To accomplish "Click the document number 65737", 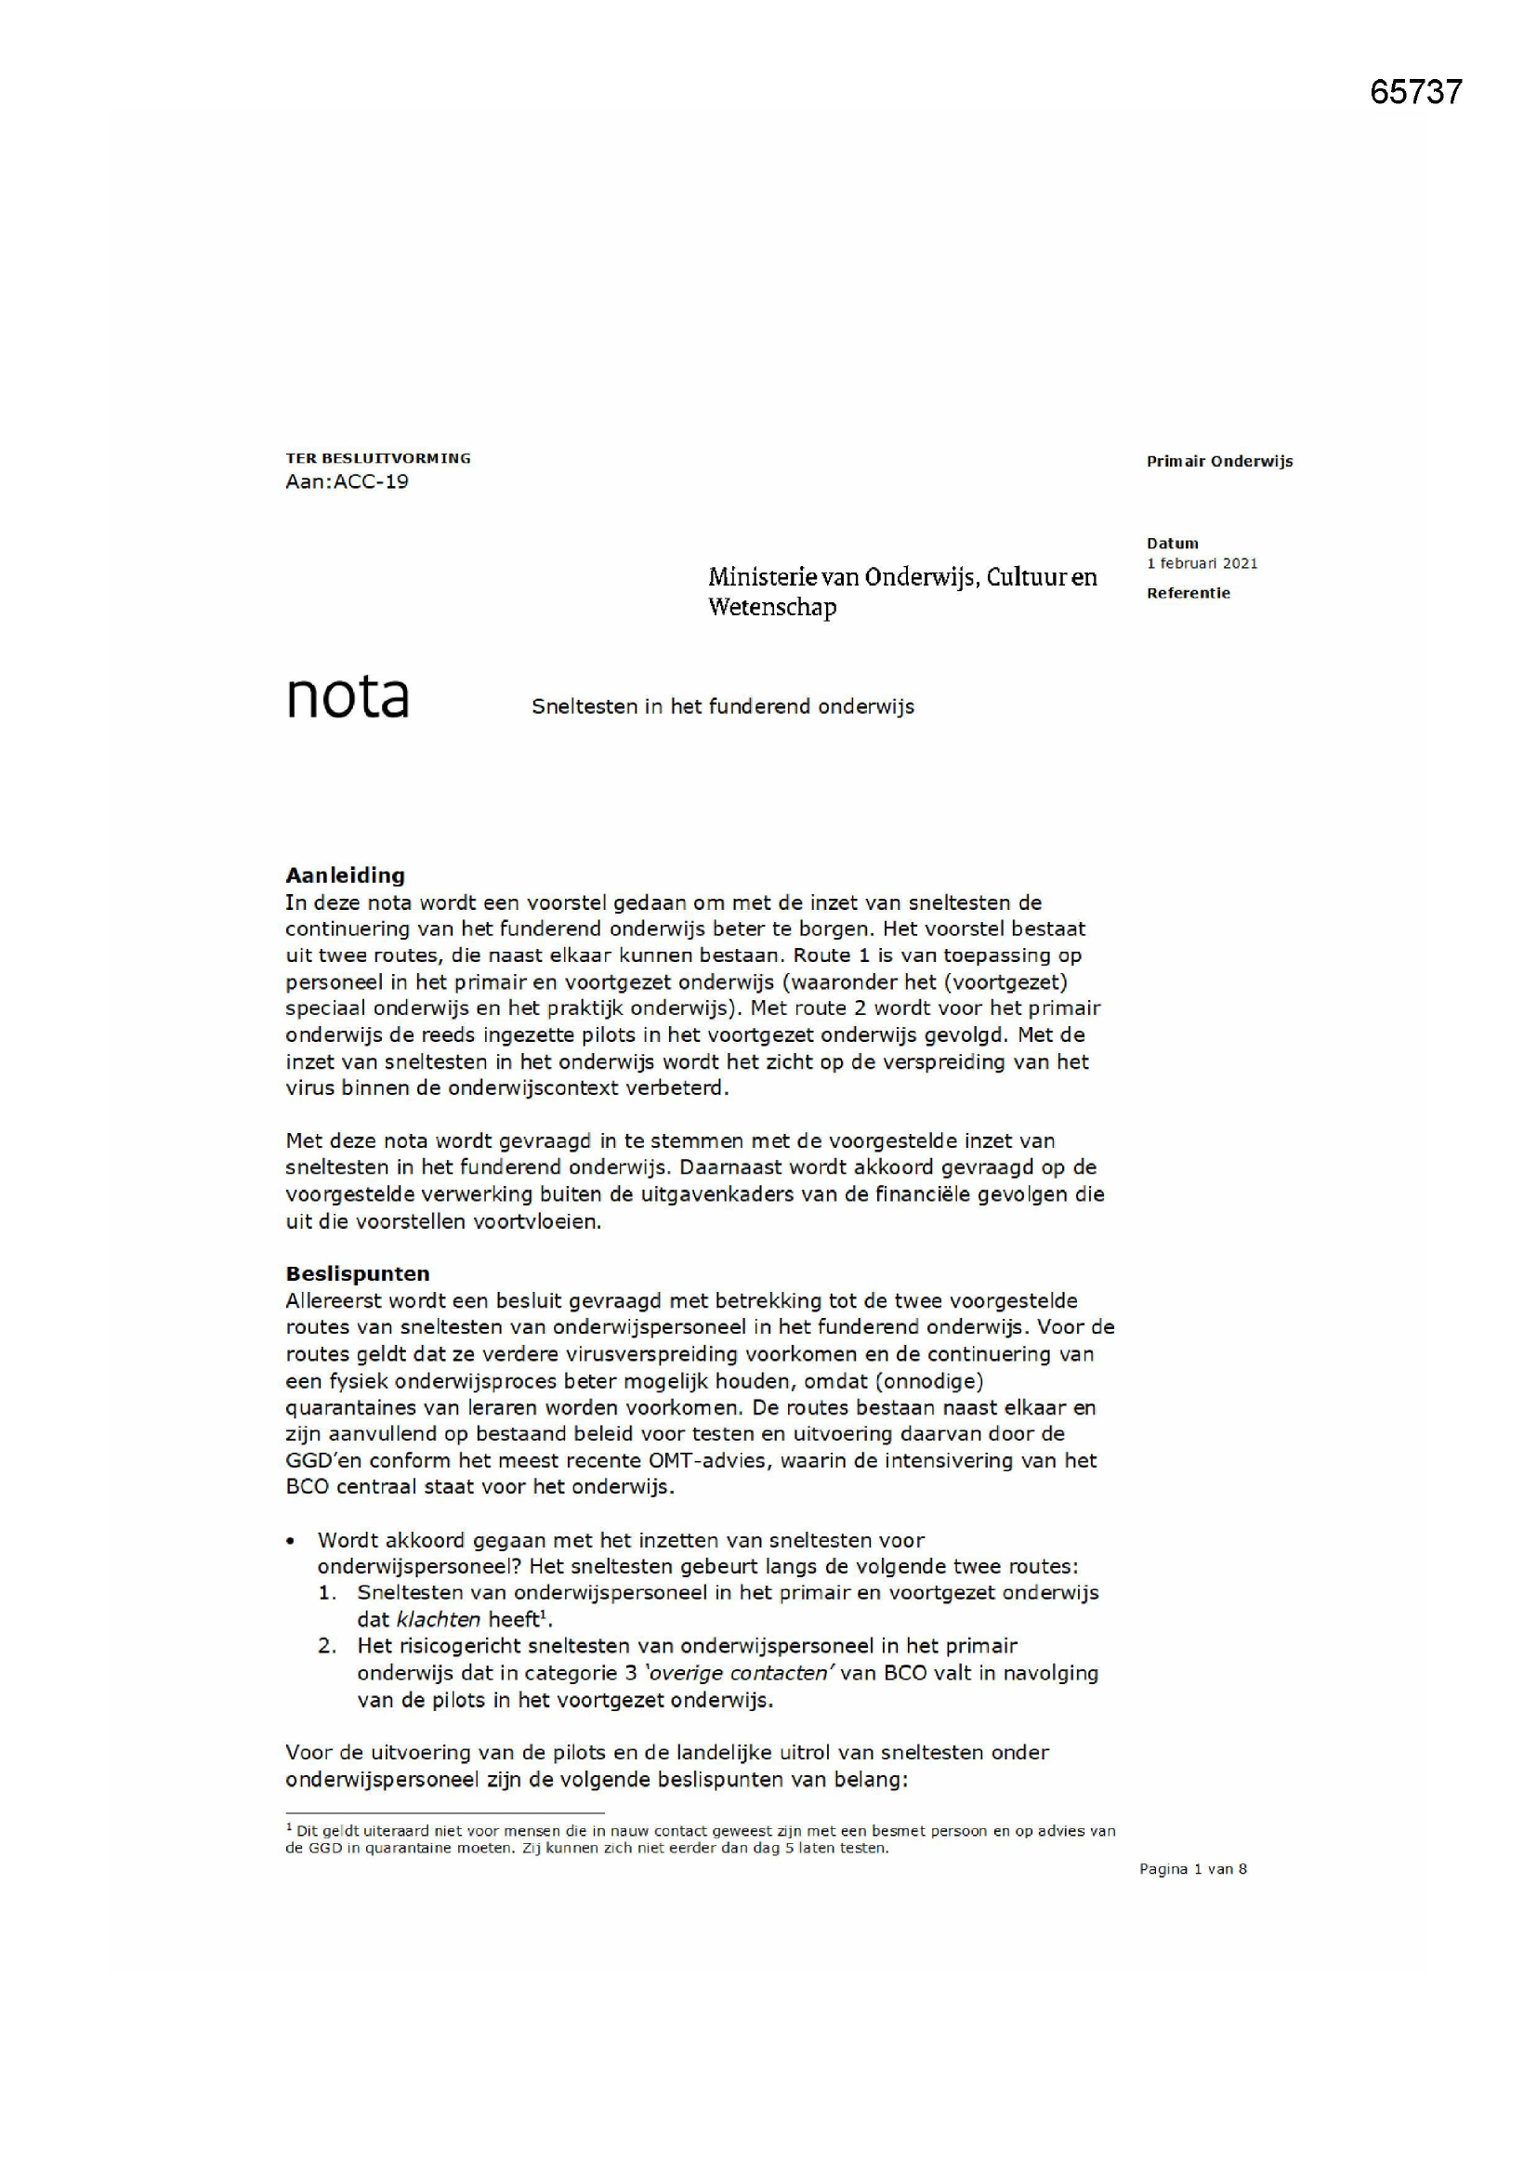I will coord(1415,92).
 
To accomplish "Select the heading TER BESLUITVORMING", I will coord(377,458).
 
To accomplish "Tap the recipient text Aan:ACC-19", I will coord(347,481).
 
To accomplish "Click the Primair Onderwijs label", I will coord(1219,462).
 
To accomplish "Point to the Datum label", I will coord(1172,543).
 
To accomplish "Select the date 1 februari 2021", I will coord(1202,563).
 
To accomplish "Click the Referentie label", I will coord(1188,593).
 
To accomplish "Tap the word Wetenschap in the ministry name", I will coord(772,607).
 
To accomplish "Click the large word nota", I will coord(347,696).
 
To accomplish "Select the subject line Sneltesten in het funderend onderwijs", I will coord(722,707).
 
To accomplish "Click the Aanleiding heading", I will coord(345,875).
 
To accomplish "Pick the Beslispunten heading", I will coord(357,1273).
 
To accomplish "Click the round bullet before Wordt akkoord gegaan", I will coord(292,1541).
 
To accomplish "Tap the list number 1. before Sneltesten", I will coord(327,1593).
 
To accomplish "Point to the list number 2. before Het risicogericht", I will coord(327,1646).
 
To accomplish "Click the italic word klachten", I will coord(439,1619).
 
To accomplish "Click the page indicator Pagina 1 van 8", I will coord(1192,1869).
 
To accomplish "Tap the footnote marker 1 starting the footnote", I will coord(289,1829).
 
